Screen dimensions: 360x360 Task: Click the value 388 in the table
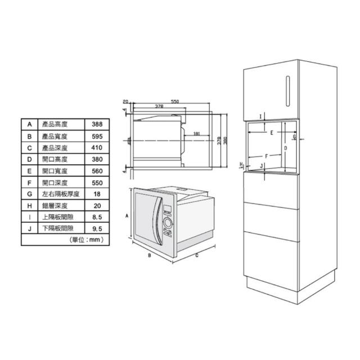[97, 124]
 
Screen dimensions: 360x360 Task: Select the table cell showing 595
[97, 136]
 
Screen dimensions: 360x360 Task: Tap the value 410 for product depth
[97, 147]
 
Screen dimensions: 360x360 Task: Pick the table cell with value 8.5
[97, 217]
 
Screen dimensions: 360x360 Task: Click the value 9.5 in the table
[97, 229]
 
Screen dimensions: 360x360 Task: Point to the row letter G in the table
[30, 194]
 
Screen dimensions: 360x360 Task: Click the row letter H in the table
[30, 206]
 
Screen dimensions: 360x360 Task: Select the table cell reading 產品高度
[55, 124]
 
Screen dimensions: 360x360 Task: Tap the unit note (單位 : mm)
[87, 240]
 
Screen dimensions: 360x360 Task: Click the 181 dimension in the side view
[197, 134]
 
